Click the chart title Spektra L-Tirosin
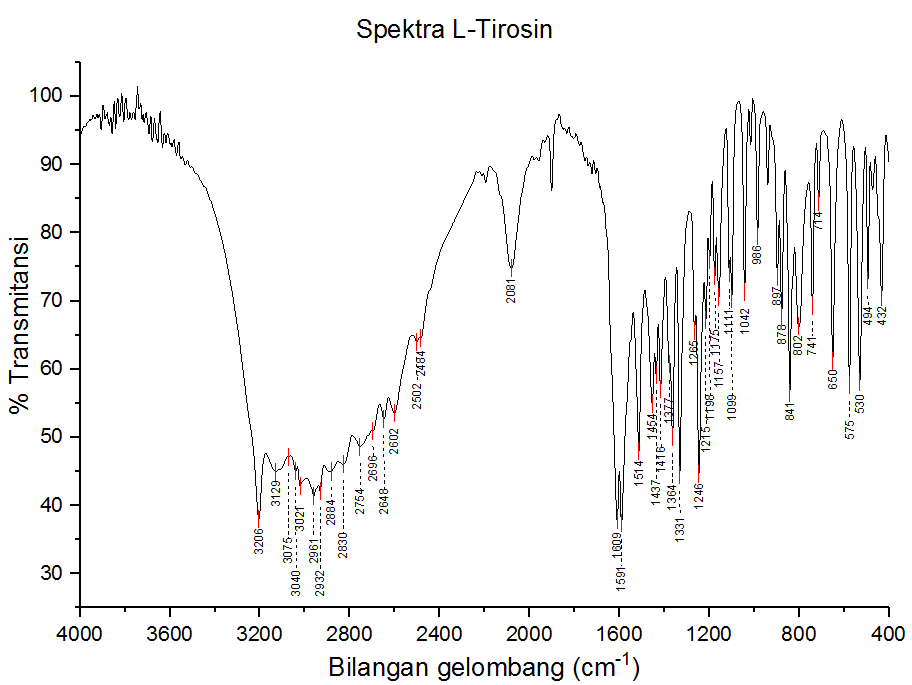click(455, 29)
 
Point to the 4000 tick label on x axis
click(79, 633)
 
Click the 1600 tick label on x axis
click(619, 633)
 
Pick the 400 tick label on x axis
click(888, 633)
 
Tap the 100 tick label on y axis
click(47, 96)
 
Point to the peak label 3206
click(258, 541)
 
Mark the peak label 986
click(757, 254)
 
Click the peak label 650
click(832, 378)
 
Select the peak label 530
click(859, 404)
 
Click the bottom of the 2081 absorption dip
click(511, 268)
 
